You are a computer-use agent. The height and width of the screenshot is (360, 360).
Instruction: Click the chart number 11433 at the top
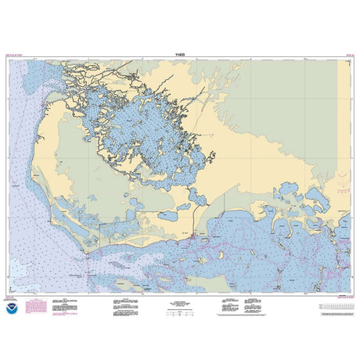[x=181, y=56]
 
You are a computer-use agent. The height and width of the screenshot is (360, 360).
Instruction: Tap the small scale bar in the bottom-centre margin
[x=181, y=311]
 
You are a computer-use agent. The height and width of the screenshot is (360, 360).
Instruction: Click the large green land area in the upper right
[x=290, y=94]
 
